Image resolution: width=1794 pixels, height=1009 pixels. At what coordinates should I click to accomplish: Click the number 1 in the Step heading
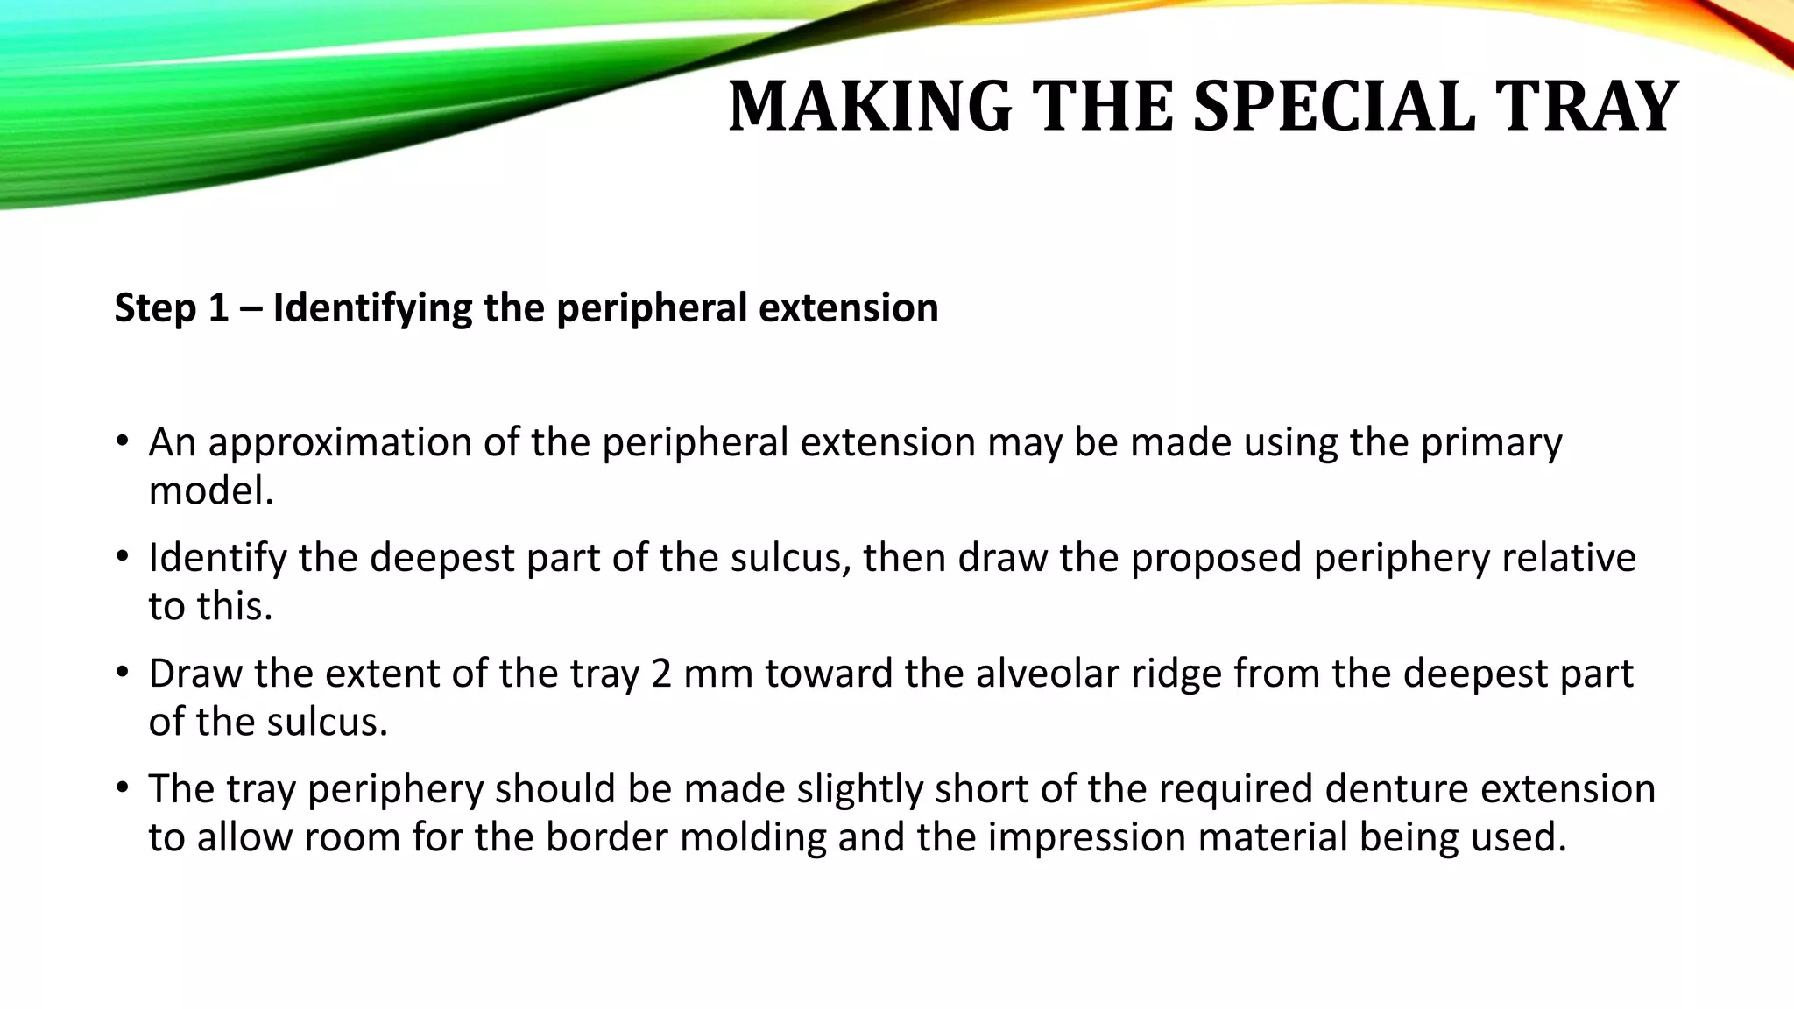[218, 308]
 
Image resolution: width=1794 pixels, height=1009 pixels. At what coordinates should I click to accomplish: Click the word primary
[1491, 443]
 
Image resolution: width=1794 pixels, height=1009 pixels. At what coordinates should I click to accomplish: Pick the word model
[211, 490]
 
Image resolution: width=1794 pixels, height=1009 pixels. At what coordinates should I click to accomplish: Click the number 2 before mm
[662, 674]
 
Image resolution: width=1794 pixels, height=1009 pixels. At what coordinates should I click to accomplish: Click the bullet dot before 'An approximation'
[123, 441]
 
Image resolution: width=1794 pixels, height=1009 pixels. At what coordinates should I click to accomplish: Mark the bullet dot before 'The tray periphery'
[123, 788]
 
